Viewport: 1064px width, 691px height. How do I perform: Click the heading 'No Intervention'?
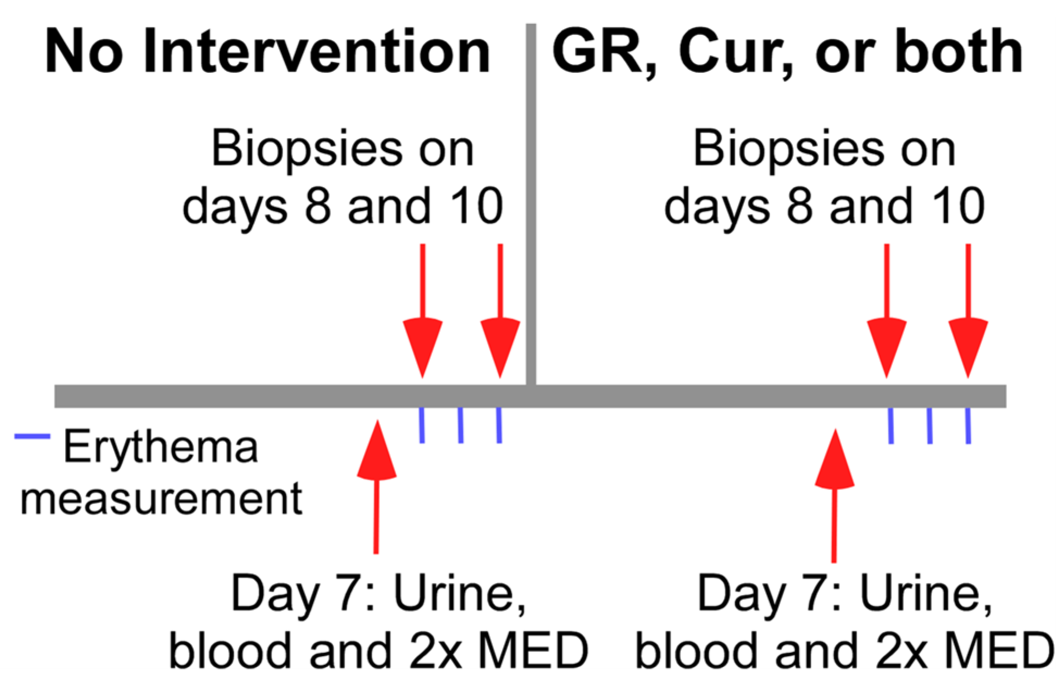268,52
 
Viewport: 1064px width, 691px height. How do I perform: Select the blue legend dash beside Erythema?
32,436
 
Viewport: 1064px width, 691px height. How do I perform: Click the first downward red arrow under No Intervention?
422,310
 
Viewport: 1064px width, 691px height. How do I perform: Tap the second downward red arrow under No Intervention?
500,310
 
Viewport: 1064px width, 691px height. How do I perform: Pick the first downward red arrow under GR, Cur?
887,310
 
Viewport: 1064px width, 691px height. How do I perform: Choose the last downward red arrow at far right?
968,310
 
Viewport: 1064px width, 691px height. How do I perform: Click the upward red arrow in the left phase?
376,487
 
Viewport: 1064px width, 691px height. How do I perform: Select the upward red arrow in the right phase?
835,495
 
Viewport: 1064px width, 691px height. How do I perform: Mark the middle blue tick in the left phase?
461,425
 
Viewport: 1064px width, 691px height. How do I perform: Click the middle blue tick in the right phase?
930,426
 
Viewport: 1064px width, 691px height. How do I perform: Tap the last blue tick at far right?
968,426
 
